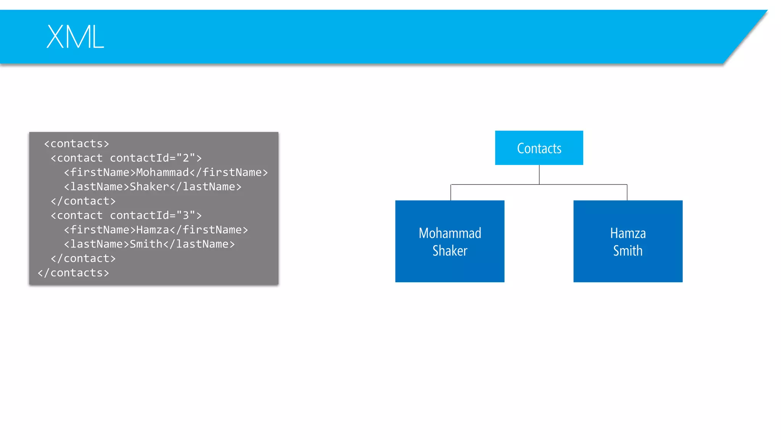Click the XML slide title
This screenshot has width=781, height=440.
coord(75,37)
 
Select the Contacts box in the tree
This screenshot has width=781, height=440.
coord(539,148)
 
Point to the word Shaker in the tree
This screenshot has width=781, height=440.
coord(450,251)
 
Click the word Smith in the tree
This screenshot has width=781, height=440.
coord(628,251)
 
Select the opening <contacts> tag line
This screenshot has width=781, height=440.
coord(76,144)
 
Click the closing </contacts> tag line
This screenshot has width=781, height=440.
coord(73,273)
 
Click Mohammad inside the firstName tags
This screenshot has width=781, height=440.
coord(162,173)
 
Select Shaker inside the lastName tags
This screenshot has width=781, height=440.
coord(149,187)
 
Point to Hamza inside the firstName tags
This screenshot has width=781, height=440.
coord(153,230)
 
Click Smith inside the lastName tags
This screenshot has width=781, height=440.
coord(146,244)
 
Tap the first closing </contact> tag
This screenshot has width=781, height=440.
coord(83,201)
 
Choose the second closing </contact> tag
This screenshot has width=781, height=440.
coord(83,259)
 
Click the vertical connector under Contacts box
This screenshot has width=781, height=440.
coord(539,175)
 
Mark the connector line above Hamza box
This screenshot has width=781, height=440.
coord(627,192)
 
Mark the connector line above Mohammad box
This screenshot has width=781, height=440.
coord(451,192)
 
